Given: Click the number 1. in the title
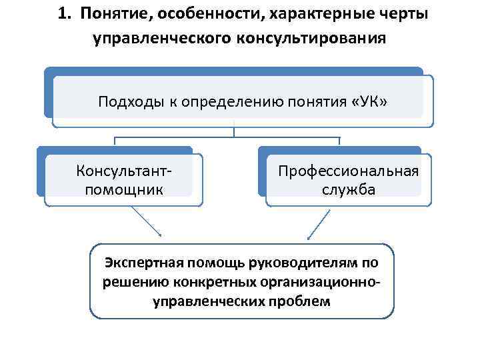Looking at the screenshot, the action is [x=64, y=15].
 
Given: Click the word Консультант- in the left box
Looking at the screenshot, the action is [x=123, y=171].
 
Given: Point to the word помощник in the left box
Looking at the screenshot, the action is [x=123, y=189].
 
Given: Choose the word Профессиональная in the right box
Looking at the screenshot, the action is [x=349, y=171].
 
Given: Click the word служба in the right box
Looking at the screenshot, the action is [x=348, y=189].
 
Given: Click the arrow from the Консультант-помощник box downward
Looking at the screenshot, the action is [x=146, y=221].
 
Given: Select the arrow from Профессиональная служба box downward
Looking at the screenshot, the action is [x=319, y=223].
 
